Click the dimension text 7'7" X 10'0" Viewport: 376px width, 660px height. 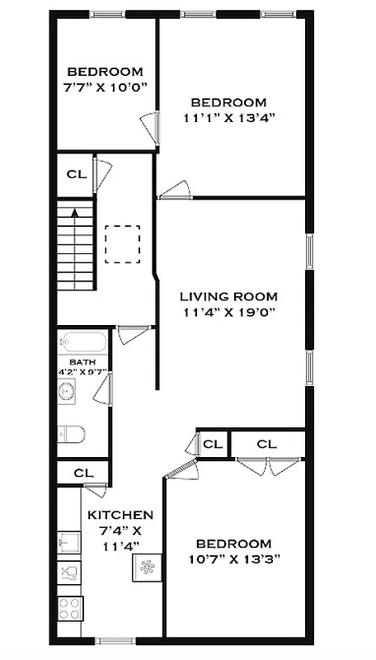[x=105, y=87]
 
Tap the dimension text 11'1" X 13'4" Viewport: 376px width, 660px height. [x=228, y=117]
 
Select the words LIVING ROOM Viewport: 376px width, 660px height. [x=228, y=296]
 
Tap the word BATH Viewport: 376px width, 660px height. [x=82, y=362]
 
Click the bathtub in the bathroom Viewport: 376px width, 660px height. [x=82, y=342]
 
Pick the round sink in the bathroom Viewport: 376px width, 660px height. [x=68, y=391]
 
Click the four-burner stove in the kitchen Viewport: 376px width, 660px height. [x=69, y=609]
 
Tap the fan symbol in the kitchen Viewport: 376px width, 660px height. [x=148, y=568]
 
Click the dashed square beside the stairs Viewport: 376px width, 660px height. [x=122, y=244]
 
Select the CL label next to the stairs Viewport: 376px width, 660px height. [x=74, y=175]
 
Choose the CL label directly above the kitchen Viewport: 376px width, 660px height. [x=82, y=474]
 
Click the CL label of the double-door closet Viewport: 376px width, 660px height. [x=266, y=444]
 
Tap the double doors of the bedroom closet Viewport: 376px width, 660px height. [x=266, y=466]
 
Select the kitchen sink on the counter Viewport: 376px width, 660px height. [x=68, y=542]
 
